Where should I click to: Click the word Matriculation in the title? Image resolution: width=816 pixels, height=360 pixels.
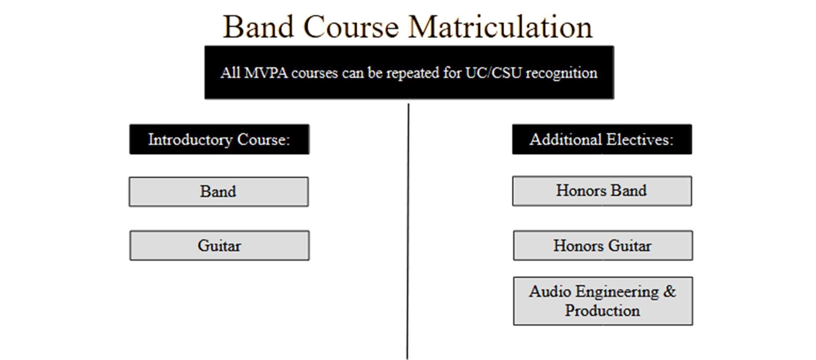coord(500,27)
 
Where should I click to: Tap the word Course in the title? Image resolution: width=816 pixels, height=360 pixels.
coord(351,27)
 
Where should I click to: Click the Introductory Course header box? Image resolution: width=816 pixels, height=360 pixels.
coord(219,139)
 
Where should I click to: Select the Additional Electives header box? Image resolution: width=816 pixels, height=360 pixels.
coord(602,139)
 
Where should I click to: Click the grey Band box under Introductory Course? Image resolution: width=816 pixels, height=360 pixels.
coord(219,191)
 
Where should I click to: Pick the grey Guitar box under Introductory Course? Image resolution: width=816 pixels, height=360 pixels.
coord(219,245)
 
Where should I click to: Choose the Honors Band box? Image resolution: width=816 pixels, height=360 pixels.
coord(602,191)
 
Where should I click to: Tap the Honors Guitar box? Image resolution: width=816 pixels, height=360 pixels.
coord(603,245)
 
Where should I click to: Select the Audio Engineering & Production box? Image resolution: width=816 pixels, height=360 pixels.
coord(603,301)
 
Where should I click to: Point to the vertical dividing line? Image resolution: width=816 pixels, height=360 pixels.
coord(408,231)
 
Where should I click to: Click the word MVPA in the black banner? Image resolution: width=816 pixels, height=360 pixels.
coord(266,73)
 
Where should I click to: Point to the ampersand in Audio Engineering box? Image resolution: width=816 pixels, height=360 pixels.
coord(669,291)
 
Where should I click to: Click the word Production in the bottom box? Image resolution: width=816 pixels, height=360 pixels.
coord(602,311)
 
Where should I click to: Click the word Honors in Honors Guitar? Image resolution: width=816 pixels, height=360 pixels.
coord(579,245)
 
